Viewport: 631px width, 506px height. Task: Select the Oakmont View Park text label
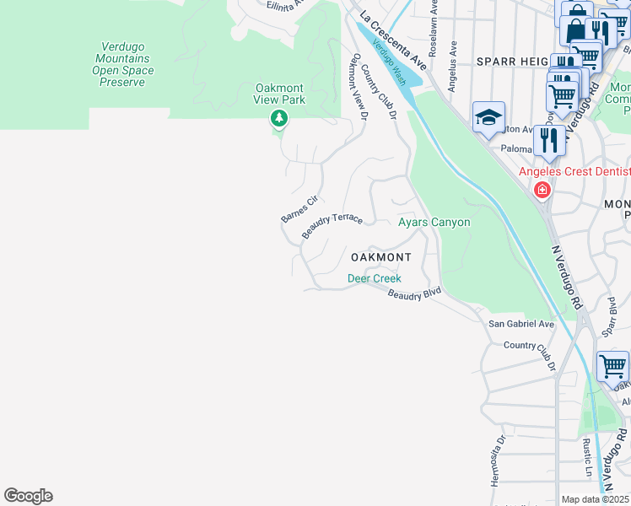click(x=280, y=94)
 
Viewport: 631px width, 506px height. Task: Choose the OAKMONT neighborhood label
click(x=380, y=257)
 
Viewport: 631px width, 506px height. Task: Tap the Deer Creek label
click(x=375, y=278)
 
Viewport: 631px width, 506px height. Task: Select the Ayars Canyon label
click(x=434, y=222)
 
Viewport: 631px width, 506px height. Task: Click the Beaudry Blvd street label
click(x=414, y=293)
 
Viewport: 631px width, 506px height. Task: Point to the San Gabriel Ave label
click(x=521, y=324)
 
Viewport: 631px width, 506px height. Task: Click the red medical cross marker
click(x=542, y=191)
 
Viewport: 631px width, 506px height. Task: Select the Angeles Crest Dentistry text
click(x=574, y=172)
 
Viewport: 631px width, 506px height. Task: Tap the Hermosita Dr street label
click(x=497, y=460)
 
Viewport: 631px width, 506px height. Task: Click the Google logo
click(x=28, y=496)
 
